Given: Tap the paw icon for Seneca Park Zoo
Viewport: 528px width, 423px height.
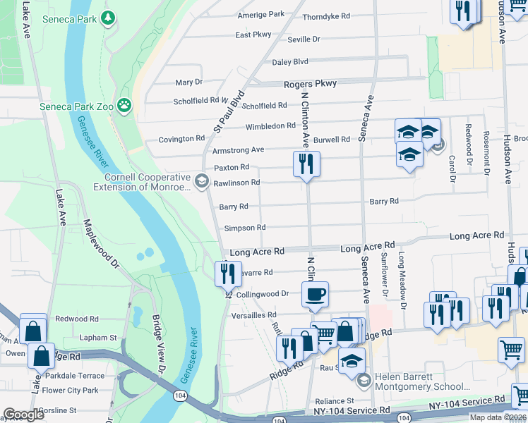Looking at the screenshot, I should [124, 105].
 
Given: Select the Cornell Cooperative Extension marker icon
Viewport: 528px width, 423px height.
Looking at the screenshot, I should [202, 183].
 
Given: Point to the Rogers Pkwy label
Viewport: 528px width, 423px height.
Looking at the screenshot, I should [310, 84].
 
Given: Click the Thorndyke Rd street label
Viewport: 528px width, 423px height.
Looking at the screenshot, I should [326, 17].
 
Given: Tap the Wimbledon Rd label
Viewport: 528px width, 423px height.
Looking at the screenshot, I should [270, 127].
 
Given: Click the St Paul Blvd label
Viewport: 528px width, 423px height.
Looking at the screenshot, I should [229, 111].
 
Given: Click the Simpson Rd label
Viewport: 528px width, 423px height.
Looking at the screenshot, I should [244, 228].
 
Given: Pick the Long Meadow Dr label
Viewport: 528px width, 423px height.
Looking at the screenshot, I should [402, 281].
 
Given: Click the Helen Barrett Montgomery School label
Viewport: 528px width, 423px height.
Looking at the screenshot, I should [421, 381].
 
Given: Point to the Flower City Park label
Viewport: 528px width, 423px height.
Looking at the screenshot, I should [70, 390].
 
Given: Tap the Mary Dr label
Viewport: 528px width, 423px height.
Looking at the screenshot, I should [188, 83].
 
